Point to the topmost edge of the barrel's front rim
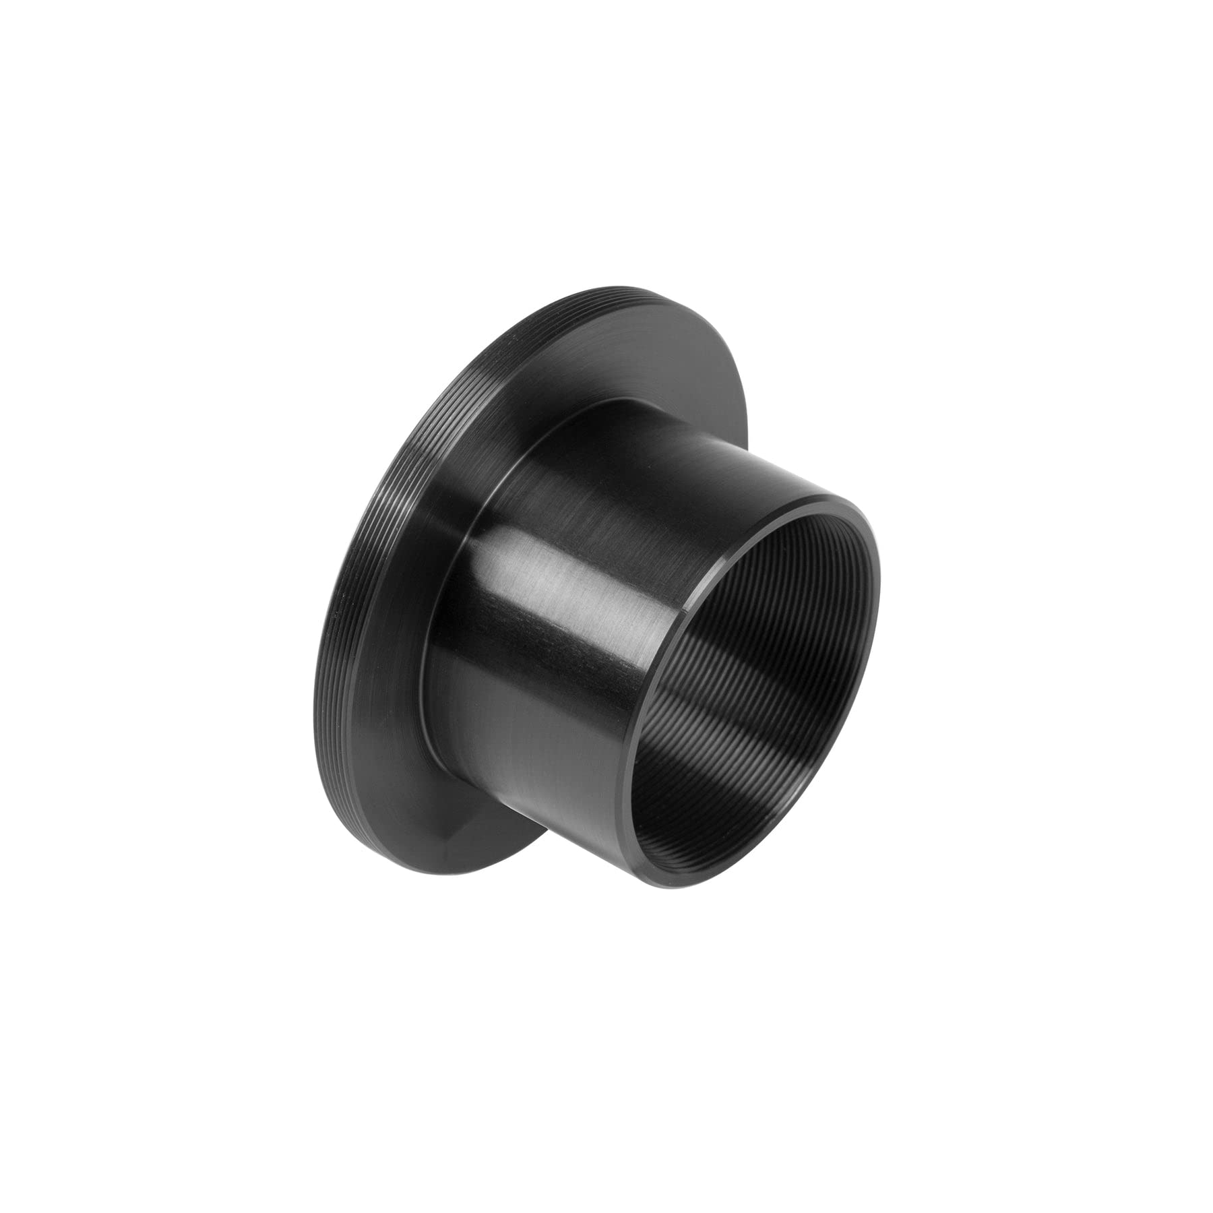(x=829, y=499)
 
